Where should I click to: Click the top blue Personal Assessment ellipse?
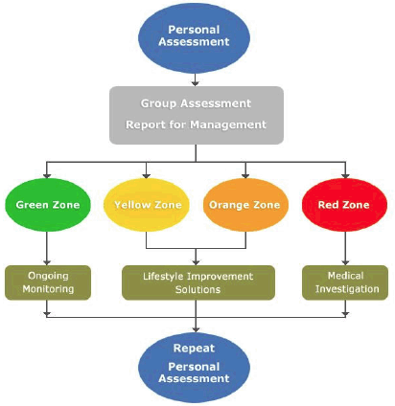[x=194, y=38]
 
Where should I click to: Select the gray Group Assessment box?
[x=197, y=115]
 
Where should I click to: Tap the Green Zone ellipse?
[x=48, y=205]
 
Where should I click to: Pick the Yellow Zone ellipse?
[x=147, y=205]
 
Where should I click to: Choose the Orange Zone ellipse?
[x=245, y=205]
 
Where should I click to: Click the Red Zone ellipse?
[x=344, y=205]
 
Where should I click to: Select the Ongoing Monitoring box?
[x=48, y=282]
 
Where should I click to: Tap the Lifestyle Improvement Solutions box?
[x=198, y=282]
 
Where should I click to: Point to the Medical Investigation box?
[x=345, y=282]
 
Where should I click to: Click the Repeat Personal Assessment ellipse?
[x=194, y=368]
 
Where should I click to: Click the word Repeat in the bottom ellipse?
[x=194, y=348]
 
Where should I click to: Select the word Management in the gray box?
[x=228, y=124]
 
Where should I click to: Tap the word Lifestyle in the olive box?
[x=163, y=277]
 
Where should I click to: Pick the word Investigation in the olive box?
[x=347, y=289]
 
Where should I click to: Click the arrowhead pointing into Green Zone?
[x=47, y=175]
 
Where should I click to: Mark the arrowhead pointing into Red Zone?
[x=345, y=175]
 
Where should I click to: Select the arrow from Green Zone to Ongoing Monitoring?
[x=47, y=248]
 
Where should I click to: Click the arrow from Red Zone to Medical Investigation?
[x=345, y=248]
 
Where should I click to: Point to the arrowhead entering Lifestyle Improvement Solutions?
[x=196, y=262]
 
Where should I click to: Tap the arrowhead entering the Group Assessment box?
[x=196, y=83]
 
